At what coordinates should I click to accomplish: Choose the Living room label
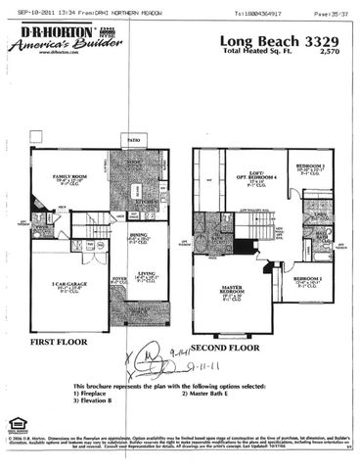tap(148, 277)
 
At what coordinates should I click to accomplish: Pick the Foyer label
tap(118, 279)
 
